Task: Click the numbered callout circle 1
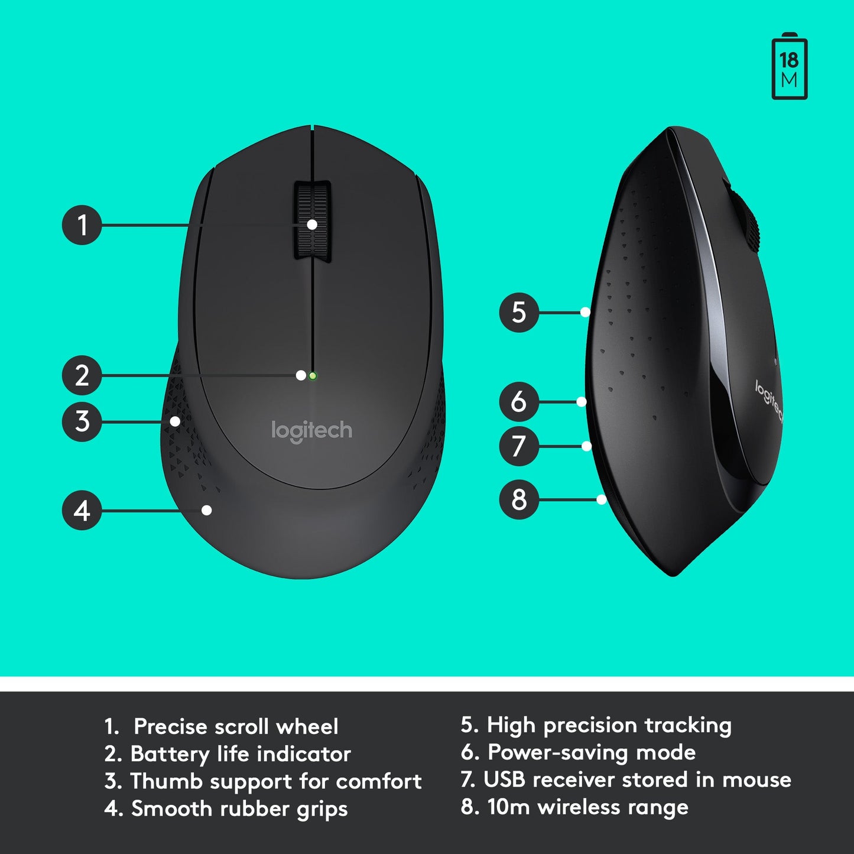point(82,225)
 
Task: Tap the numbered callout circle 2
point(82,375)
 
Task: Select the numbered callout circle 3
point(82,421)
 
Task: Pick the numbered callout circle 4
point(82,510)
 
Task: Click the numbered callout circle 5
point(519,312)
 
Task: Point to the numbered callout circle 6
point(519,402)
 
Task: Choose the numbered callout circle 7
point(519,446)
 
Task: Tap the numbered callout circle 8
point(519,500)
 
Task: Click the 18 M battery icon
point(790,67)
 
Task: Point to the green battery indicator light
point(313,375)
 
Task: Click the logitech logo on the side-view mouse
point(769,401)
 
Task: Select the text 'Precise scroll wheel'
point(236,726)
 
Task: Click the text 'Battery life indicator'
point(240,754)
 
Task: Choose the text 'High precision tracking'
point(609,725)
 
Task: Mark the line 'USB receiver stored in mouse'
point(637,780)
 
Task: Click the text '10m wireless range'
point(587,807)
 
